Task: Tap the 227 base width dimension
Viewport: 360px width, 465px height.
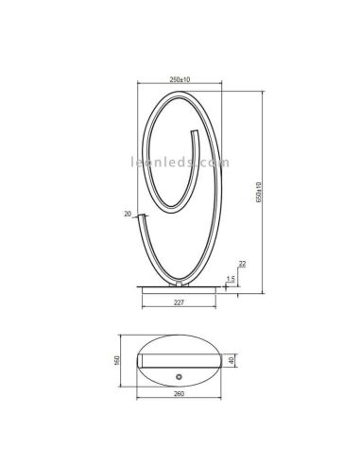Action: (179, 302)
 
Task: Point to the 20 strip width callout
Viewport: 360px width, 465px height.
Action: (129, 214)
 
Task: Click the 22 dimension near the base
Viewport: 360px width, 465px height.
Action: (242, 265)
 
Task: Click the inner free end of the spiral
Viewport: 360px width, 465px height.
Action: (197, 134)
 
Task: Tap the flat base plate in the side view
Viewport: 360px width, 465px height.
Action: (180, 285)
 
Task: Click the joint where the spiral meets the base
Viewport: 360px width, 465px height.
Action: (179, 282)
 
